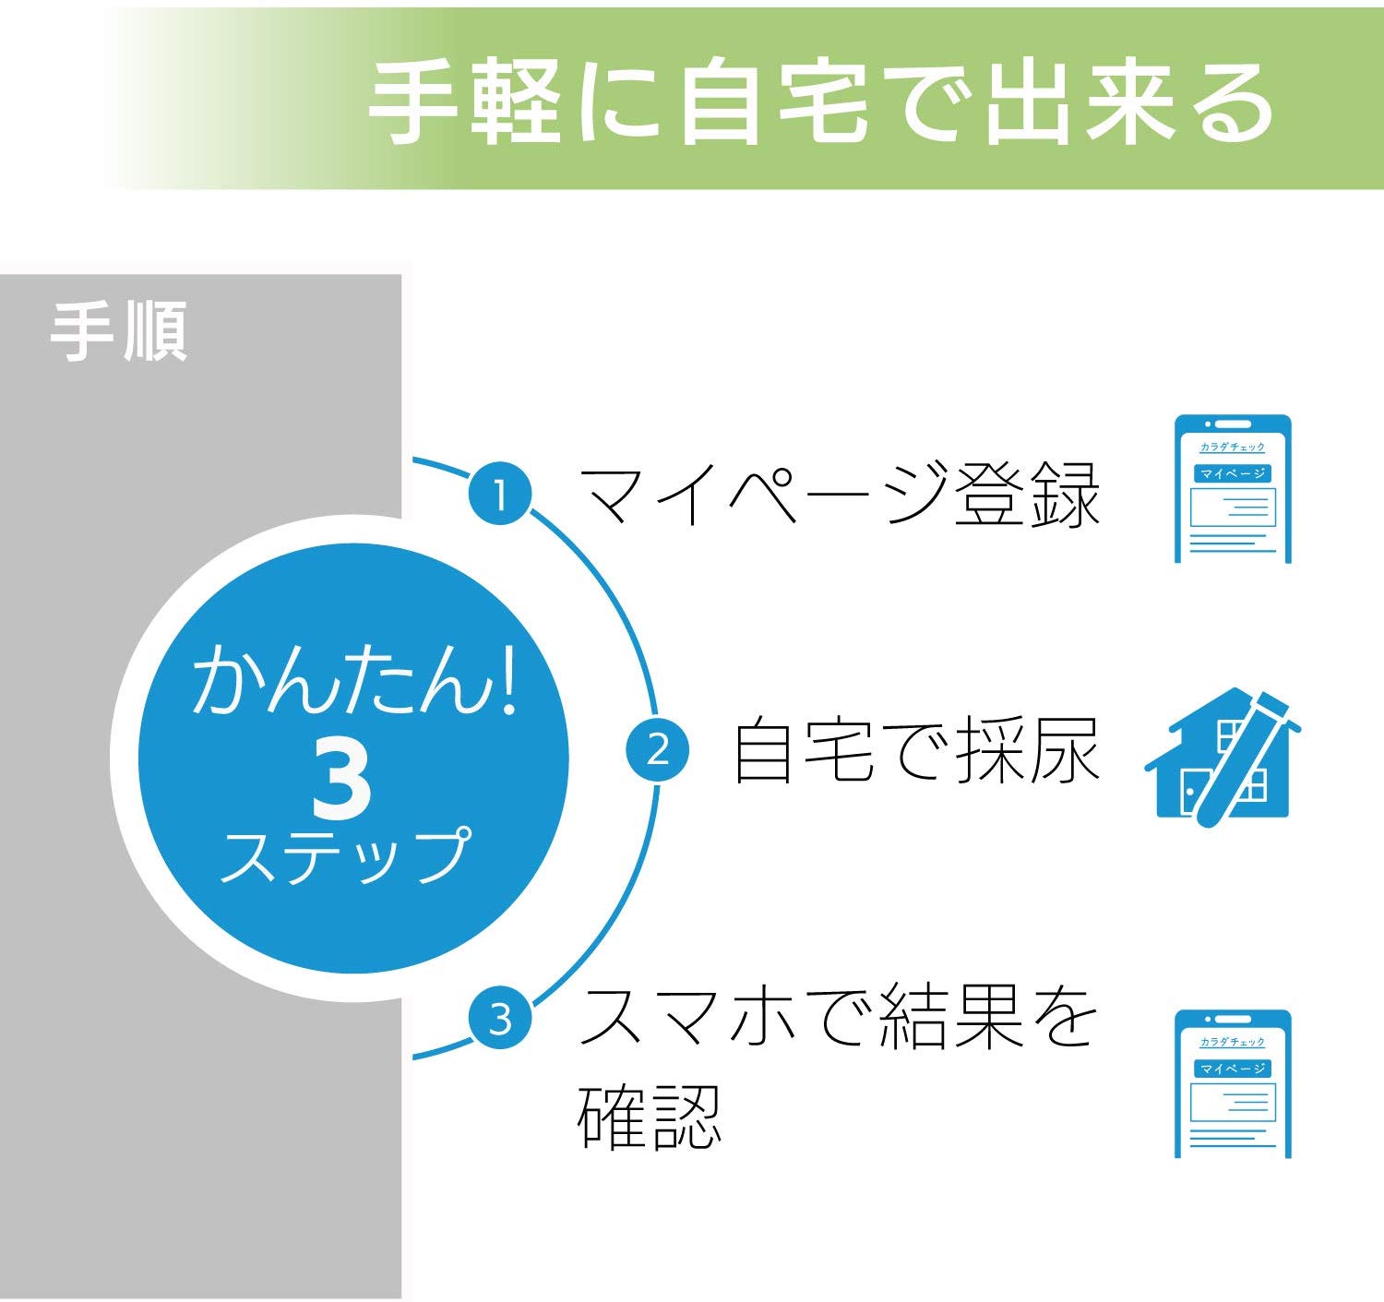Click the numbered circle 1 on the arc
(500, 495)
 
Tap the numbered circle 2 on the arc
(657, 751)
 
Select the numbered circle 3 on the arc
(500, 1019)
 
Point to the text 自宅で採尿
(916, 751)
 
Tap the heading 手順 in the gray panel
(119, 332)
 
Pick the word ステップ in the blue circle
(346, 855)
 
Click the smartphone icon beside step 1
(1233, 489)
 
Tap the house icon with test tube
(1223, 757)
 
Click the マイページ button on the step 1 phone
(1233, 473)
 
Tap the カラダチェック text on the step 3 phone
(1232, 1042)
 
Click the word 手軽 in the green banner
(464, 104)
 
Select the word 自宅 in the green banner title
(773, 104)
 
